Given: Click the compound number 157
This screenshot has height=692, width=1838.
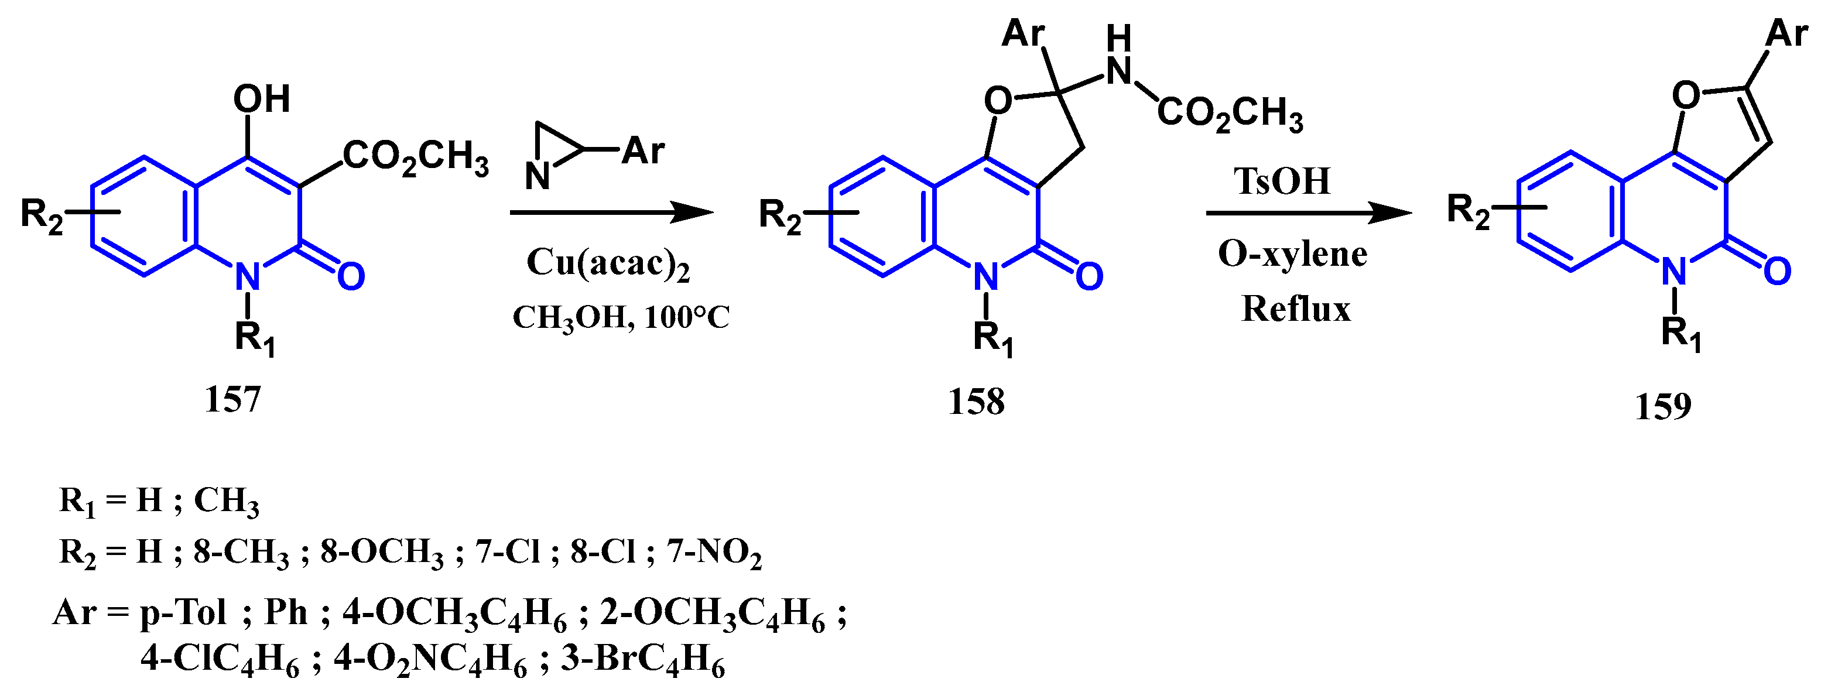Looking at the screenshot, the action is coord(232,399).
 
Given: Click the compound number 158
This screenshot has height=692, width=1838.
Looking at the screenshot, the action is coord(976,402).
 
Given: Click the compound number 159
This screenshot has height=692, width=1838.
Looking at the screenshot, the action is coord(1662,407).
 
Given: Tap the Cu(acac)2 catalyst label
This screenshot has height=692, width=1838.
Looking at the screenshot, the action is coord(608,263).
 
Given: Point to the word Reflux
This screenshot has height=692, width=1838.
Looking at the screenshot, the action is coord(1296,310).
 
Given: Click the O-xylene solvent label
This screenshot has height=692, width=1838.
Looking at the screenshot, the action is coord(1292,254).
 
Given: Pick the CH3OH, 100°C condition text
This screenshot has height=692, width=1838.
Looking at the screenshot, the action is coord(621,317).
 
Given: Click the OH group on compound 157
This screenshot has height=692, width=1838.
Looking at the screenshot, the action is coord(261,99).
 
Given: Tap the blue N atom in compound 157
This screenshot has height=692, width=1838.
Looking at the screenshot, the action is coord(247,278).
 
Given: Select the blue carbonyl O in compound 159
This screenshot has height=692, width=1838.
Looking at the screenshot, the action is coord(1777,272).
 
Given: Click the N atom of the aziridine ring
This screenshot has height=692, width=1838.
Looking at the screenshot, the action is coord(538,176).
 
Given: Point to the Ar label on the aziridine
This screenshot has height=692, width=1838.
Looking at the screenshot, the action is coord(643,150).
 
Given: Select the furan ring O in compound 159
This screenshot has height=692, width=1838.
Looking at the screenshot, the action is coord(1685,95).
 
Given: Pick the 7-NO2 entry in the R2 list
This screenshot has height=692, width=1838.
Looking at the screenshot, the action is coord(714,553).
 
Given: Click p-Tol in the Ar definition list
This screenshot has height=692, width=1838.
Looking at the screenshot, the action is coord(183,613).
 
